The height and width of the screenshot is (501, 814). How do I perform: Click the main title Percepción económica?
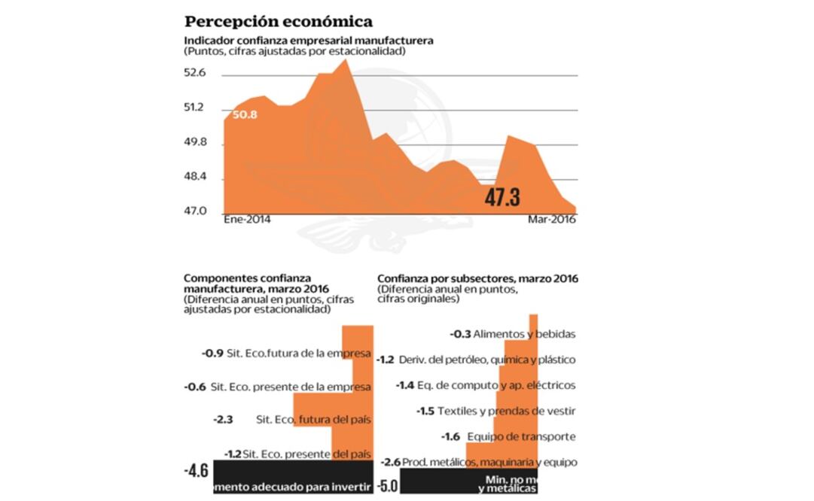pos(278,21)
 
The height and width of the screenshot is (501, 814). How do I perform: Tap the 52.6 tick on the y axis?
pos(195,73)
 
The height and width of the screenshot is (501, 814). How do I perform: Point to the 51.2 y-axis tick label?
pos(195,108)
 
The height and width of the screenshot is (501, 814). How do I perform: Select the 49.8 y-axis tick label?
pos(195,143)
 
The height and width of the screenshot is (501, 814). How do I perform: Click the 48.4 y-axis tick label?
pos(195,178)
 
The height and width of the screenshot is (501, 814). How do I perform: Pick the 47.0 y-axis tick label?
pos(195,211)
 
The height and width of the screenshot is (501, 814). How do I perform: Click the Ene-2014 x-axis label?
pos(247,220)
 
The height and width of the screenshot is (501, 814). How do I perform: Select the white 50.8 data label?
pos(245,115)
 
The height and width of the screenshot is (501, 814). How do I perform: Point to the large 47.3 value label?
pos(502,198)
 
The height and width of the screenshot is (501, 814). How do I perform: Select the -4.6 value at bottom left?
pos(196,471)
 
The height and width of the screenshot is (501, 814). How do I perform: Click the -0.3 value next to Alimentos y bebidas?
pos(461,334)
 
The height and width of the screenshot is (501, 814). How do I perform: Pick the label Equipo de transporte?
pos(521,436)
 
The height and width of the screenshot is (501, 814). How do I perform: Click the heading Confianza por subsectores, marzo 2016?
pos(477,278)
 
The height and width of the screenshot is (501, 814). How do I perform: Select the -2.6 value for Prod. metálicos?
pos(390,462)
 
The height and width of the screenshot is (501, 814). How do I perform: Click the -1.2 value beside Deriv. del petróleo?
pos(386,360)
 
